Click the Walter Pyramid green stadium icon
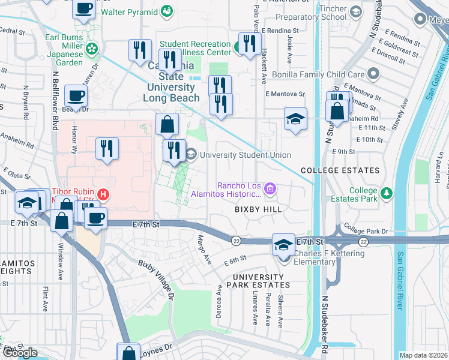pyautogui.click(x=167, y=11)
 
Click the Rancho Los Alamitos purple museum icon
pyautogui.click(x=270, y=190)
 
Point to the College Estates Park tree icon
pyautogui.click(x=388, y=192)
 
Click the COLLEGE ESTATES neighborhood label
pyautogui.click(x=340, y=170)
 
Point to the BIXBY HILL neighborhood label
pyautogui.click(x=258, y=209)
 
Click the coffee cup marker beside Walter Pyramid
pyautogui.click(x=83, y=9)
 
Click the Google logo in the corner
pyautogui.click(x=20, y=353)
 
